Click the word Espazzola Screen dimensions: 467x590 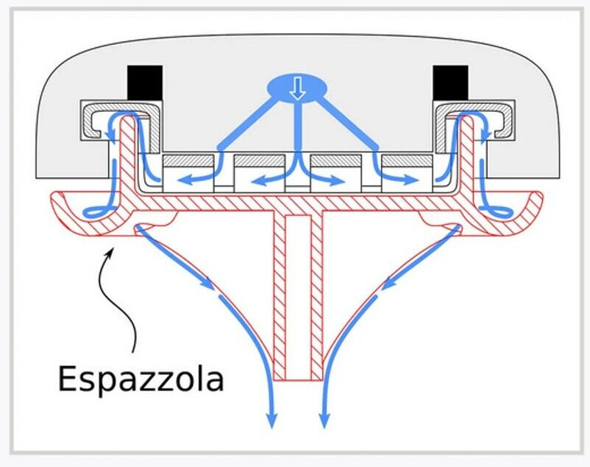click(x=140, y=379)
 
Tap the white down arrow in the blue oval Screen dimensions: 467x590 click(x=296, y=88)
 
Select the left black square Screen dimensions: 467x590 click(x=144, y=81)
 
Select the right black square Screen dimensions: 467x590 click(x=450, y=81)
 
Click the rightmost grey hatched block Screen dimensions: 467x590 click(x=406, y=161)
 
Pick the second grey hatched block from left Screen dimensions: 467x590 click(x=258, y=161)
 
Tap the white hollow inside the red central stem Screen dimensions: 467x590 click(x=296, y=295)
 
